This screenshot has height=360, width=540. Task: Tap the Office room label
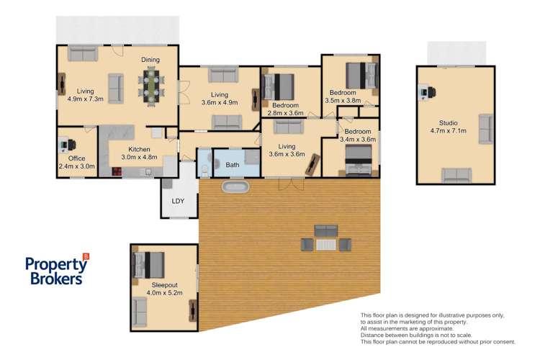coord(76,158)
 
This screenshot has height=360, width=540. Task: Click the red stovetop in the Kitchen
coord(117,171)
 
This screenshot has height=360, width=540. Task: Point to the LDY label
coord(178,201)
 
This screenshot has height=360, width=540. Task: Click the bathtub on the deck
coord(235,187)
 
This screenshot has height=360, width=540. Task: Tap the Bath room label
coord(233,165)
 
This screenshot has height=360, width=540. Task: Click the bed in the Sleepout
coord(148,265)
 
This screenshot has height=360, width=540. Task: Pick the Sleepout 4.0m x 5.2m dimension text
coord(165,293)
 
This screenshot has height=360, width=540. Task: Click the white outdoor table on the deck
coord(326,245)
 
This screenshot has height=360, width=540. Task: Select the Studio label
coord(449,123)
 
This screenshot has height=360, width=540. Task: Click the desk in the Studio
coord(427,92)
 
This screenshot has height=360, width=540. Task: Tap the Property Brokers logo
coord(57,270)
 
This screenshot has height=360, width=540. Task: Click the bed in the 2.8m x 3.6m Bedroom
coord(278,87)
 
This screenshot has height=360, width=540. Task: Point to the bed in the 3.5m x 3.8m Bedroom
coord(361,76)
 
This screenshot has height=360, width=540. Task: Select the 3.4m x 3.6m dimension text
coord(358,140)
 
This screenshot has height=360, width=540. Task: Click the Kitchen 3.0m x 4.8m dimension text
coord(139,157)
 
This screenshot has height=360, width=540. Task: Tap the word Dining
coord(150,60)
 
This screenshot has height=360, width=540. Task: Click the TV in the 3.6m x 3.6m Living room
coord(312,165)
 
